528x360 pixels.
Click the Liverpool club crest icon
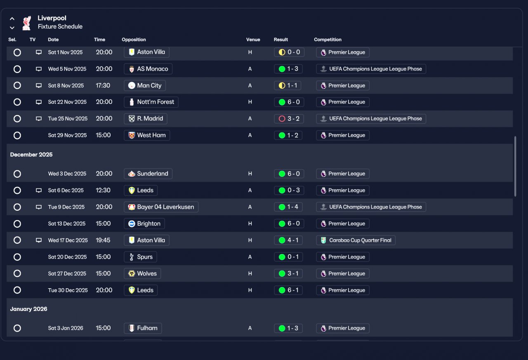point(26,23)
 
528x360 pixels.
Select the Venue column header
point(253,40)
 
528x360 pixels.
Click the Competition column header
point(328,40)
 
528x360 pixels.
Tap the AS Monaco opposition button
point(148,69)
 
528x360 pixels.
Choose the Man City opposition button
point(145,85)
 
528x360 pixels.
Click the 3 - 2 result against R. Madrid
point(288,119)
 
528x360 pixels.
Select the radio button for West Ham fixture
point(17,135)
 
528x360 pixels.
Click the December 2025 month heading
point(31,155)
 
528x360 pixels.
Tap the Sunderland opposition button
point(148,174)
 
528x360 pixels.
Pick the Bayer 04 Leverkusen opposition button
point(161,207)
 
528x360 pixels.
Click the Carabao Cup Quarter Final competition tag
point(356,240)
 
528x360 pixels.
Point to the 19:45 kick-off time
point(103,240)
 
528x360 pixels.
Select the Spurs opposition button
point(140,257)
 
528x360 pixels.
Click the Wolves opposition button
point(142,273)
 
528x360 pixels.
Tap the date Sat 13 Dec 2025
point(67,224)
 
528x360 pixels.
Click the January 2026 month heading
point(29,309)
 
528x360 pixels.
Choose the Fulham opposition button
point(143,328)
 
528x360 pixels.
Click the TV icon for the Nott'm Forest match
point(39,102)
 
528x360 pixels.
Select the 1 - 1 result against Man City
point(288,85)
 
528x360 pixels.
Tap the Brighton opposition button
point(144,224)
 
